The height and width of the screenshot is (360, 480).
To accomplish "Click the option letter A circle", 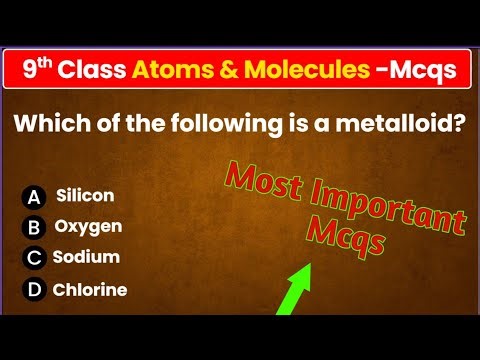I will pos(35,197).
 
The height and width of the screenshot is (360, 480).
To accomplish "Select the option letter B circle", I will pos(35,227).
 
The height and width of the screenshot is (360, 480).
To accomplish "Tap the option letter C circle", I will pos(35,258).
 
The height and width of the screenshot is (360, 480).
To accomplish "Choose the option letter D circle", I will pos(35,291).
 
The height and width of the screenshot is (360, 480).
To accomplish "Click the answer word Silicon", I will pos(85,196).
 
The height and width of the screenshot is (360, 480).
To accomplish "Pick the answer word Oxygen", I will pos(88,227).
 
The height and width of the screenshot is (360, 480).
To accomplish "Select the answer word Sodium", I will pos(86,257).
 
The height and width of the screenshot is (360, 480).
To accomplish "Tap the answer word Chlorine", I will pos(90,290).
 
